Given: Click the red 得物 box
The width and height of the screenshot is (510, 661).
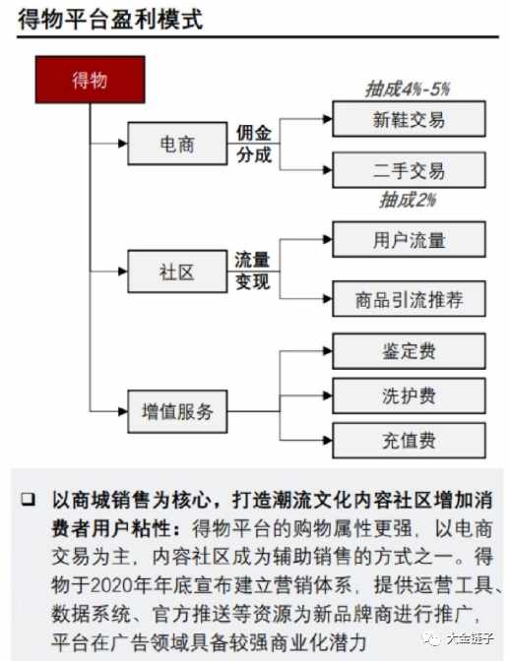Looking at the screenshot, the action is [x=90, y=80].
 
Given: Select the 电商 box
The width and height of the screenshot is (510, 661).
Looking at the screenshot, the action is [x=177, y=144].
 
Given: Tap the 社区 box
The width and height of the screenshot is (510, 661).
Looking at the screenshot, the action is [x=177, y=271].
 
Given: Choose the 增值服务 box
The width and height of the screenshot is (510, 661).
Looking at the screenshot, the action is [x=177, y=411].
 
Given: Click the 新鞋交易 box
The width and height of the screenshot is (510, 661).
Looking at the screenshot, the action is [x=409, y=119].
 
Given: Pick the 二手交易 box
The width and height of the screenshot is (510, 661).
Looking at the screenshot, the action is [x=409, y=170].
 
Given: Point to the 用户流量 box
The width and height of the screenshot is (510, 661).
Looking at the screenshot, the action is [x=409, y=239].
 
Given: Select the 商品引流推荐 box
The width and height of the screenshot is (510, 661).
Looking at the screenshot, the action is [x=409, y=299].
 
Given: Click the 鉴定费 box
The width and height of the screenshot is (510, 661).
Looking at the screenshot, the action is [x=409, y=351].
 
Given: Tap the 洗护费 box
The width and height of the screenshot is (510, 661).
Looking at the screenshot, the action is [x=409, y=395].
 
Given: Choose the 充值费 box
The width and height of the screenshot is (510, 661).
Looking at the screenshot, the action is [x=409, y=441].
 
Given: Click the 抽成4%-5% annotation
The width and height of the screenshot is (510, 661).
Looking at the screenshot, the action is [x=408, y=89].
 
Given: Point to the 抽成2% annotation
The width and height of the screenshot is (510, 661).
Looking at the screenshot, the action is [x=408, y=200].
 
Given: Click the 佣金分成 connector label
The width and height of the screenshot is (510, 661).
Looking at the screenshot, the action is [x=254, y=144].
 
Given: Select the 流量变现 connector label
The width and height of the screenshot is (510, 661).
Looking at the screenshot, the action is [x=252, y=270].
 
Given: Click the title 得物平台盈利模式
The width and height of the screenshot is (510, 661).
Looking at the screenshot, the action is [x=110, y=20].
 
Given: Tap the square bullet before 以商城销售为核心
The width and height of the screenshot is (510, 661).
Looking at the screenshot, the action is [x=28, y=499].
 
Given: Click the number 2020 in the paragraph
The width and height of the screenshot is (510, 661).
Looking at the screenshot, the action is [x=111, y=585].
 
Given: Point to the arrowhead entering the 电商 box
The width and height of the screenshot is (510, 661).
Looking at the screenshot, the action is [x=123, y=144].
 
